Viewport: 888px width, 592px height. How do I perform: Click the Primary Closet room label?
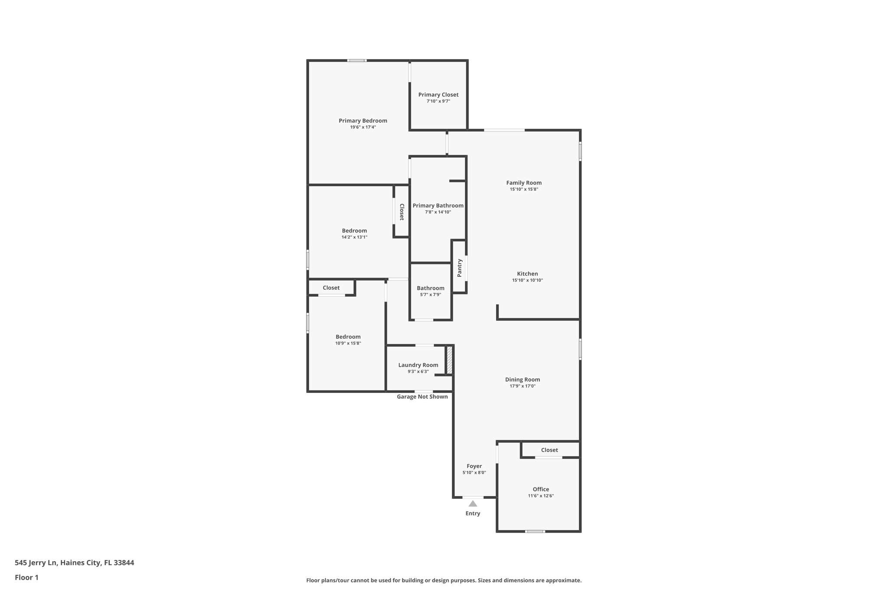tap(438, 95)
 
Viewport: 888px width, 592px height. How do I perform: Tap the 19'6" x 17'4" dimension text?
tap(363, 128)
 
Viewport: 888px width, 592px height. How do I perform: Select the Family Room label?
tap(524, 183)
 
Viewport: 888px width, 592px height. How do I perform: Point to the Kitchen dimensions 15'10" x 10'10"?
tap(527, 280)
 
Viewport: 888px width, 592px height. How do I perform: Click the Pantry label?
tap(460, 268)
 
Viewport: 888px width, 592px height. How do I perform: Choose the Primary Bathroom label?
tap(438, 206)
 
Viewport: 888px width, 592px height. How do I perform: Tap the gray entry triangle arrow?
tap(473, 504)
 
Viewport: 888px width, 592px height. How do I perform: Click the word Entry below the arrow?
tap(473, 514)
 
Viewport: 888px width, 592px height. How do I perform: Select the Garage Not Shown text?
tap(422, 396)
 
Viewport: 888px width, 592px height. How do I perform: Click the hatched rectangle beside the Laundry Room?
tap(450, 359)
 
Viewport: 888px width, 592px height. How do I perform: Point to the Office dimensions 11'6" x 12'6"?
tap(541, 496)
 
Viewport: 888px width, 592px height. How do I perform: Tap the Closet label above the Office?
tap(549, 450)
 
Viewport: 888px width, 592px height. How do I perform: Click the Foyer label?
tap(474, 466)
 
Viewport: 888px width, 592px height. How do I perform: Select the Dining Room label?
tap(522, 379)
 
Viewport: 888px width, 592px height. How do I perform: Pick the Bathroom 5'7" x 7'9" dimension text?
tap(431, 294)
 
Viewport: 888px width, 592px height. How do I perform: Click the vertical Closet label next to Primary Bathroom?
tap(402, 212)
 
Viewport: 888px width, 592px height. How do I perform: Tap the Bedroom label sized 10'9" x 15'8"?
tap(348, 337)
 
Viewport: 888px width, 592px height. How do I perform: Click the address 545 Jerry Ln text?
tap(74, 563)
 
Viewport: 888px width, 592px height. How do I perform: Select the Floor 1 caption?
tap(26, 577)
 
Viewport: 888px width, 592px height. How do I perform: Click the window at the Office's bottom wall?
tap(535, 531)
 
